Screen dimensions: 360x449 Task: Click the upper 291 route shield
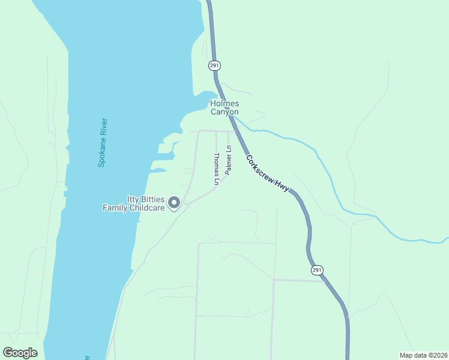[x=214, y=65]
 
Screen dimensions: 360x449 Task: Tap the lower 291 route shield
[x=317, y=271]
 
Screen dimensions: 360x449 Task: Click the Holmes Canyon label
[x=224, y=108]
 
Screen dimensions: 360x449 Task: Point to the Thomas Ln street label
[x=217, y=169]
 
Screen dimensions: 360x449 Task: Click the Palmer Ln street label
[x=228, y=160]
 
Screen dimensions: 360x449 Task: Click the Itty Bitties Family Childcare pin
[x=174, y=203]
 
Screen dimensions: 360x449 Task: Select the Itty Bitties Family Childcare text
[x=133, y=203]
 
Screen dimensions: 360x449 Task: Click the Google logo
[x=20, y=353]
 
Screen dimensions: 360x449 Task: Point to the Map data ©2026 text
[x=423, y=355]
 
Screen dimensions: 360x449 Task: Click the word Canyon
[x=224, y=112]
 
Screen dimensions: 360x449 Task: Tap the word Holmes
[x=224, y=104]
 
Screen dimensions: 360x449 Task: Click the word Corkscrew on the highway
[x=262, y=168]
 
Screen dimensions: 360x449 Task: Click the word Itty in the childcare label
[x=133, y=199]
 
